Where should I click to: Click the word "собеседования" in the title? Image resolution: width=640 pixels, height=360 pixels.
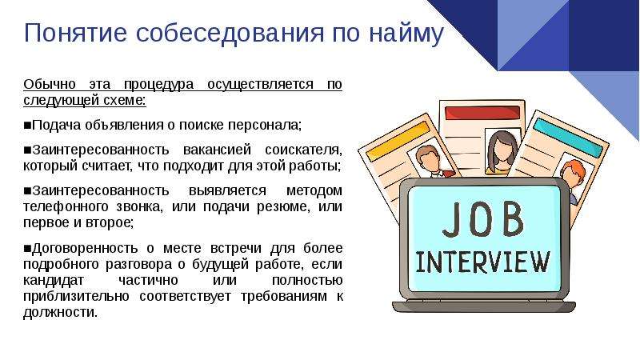pyautogui.click(x=230, y=32)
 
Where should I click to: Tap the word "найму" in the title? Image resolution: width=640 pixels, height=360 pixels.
pyautogui.click(x=406, y=34)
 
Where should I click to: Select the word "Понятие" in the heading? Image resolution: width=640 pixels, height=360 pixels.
pyautogui.click(x=75, y=32)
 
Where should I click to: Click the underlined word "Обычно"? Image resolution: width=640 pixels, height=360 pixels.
pyautogui.click(x=50, y=84)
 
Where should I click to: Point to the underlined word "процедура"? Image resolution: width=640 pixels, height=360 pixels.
pyautogui.click(x=158, y=85)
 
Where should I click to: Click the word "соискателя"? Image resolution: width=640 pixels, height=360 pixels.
pyautogui.click(x=303, y=150)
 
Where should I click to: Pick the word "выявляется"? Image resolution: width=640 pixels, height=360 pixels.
pyautogui.click(x=227, y=190)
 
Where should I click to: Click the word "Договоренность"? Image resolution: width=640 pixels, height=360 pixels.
pyautogui.click(x=85, y=248)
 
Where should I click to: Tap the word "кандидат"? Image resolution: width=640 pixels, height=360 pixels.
pyautogui.click(x=53, y=281)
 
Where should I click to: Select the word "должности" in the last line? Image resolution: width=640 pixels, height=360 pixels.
pyautogui.click(x=61, y=313)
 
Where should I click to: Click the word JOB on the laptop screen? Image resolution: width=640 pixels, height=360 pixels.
pyautogui.click(x=483, y=219)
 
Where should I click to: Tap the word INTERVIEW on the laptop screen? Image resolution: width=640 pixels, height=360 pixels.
pyautogui.click(x=483, y=262)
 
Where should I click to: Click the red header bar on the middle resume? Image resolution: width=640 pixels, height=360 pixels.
pyautogui.click(x=482, y=113)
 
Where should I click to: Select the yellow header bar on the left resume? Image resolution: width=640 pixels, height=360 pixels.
pyautogui.click(x=398, y=142)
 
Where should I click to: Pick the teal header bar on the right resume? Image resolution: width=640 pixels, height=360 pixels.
pyautogui.click(x=568, y=138)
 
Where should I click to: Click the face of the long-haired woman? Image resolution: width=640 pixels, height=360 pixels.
pyautogui.click(x=502, y=151)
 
